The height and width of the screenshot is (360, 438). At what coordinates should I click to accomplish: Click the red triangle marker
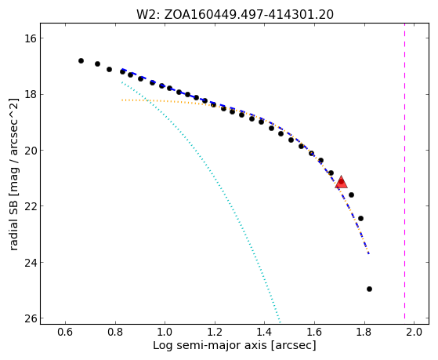coord(341,183)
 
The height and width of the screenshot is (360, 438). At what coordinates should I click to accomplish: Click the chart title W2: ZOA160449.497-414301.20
coord(235,15)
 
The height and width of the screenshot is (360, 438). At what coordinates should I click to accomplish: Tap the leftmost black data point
coord(81,60)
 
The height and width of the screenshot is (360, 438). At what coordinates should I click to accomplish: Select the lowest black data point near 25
coord(369,289)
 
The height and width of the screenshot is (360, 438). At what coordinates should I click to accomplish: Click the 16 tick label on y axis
coord(31,38)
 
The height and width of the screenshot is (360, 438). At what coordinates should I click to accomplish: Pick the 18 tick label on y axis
coord(31,94)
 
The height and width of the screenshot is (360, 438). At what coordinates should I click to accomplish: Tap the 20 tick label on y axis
coord(31,151)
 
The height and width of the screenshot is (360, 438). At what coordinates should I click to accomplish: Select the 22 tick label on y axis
coord(31,206)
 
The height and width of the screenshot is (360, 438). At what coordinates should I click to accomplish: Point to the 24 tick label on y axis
coord(31,263)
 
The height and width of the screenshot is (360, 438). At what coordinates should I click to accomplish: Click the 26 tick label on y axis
coord(31,318)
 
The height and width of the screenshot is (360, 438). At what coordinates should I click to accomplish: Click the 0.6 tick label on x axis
coord(65,332)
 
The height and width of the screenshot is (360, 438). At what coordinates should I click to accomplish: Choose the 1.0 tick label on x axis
coord(165,332)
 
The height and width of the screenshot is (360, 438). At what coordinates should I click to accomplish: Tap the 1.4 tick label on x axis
coord(265,332)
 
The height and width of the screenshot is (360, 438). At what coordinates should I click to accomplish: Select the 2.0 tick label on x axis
coord(414,332)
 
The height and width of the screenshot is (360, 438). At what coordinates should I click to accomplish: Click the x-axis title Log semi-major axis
coord(209,346)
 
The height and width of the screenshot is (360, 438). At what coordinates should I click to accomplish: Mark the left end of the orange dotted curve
coord(122,100)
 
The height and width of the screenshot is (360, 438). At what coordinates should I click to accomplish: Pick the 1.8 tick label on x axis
coord(364,332)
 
